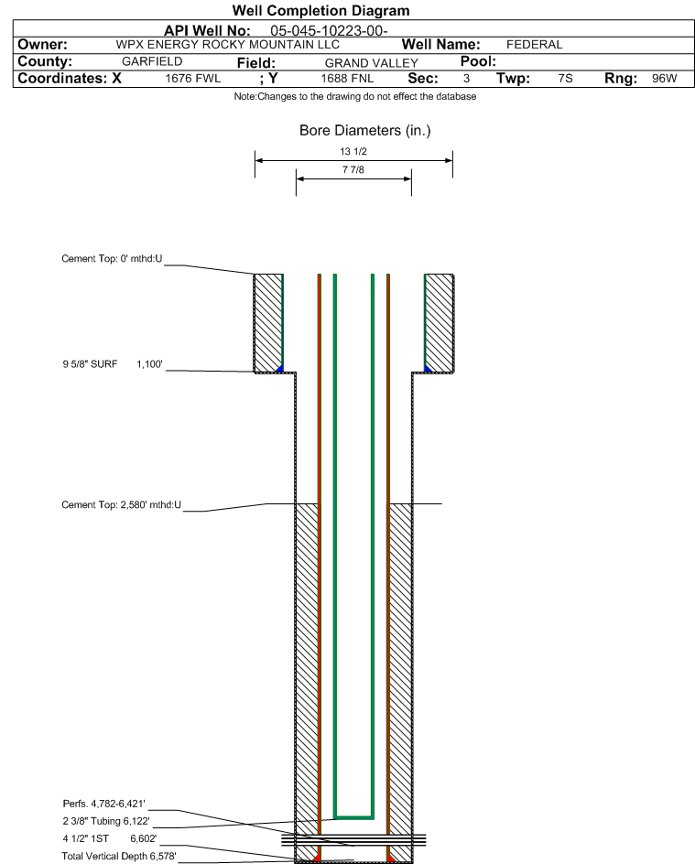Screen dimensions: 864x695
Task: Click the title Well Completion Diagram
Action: [320, 11]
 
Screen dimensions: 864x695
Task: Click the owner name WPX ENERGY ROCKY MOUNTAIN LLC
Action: [227, 45]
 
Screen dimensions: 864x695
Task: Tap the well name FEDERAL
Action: [534, 45]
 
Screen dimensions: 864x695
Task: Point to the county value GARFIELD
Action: [152, 61]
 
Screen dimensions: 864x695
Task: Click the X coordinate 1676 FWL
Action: [193, 79]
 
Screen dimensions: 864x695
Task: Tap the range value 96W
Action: [664, 79]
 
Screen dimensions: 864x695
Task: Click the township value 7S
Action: [565, 79]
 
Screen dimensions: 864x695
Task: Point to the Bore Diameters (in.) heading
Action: [364, 131]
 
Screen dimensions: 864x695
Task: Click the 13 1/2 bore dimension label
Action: [353, 151]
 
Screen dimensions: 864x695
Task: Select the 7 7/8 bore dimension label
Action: [353, 170]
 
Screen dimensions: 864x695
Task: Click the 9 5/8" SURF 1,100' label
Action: [112, 364]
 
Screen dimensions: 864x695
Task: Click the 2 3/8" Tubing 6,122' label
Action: [106, 822]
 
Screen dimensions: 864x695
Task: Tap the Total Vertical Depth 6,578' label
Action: [119, 857]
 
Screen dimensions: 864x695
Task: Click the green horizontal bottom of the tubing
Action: [353, 815]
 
